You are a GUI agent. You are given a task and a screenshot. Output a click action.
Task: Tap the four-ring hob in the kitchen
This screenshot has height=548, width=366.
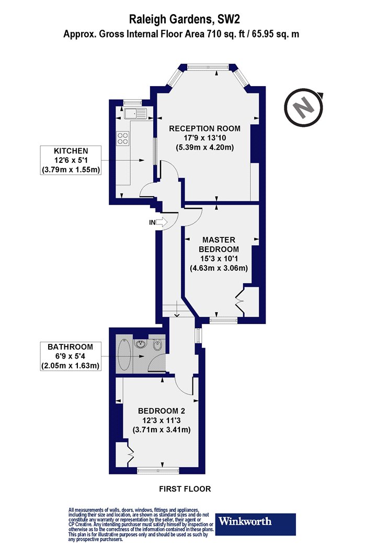click(122, 138)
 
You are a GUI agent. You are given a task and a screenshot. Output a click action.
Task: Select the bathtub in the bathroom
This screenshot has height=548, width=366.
click(124, 355)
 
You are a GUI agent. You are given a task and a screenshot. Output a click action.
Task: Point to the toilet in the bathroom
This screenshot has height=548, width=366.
click(157, 344)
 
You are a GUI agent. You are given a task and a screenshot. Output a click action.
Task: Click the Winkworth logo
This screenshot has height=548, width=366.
click(255, 524)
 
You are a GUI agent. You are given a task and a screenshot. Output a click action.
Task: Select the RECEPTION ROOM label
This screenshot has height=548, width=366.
click(205, 128)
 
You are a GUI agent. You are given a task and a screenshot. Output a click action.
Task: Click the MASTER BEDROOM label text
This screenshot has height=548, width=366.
click(219, 244)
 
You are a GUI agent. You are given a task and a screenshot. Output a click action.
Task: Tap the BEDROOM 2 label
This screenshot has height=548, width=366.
click(162, 411)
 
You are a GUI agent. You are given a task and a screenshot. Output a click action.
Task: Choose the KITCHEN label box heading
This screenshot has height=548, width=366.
click(71, 151)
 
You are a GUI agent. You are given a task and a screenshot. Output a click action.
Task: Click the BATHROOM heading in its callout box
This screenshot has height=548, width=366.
click(71, 347)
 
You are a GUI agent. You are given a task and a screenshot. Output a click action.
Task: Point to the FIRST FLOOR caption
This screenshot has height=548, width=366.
click(185, 489)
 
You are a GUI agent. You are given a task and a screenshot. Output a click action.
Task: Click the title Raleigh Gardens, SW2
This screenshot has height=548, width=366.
click(185, 20)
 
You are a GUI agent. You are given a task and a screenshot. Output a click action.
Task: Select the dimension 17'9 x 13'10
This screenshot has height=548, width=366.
click(205, 138)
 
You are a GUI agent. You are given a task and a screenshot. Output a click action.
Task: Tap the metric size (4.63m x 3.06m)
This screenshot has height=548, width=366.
click(219, 268)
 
